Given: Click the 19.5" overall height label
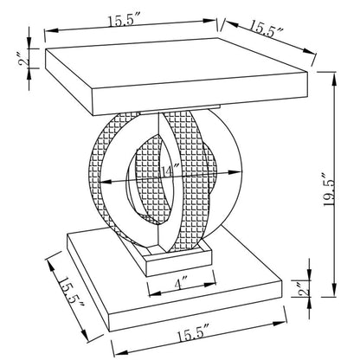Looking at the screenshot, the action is (x=329, y=190).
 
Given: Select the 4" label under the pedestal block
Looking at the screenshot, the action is (x=181, y=285).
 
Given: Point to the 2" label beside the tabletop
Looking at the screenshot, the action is (x=24, y=58).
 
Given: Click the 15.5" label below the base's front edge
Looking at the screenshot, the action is (x=192, y=335).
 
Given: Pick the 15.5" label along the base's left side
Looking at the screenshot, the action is (x=69, y=294).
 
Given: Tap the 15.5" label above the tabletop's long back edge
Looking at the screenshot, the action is (x=124, y=20).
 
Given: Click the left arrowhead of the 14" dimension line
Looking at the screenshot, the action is (x=105, y=183).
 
